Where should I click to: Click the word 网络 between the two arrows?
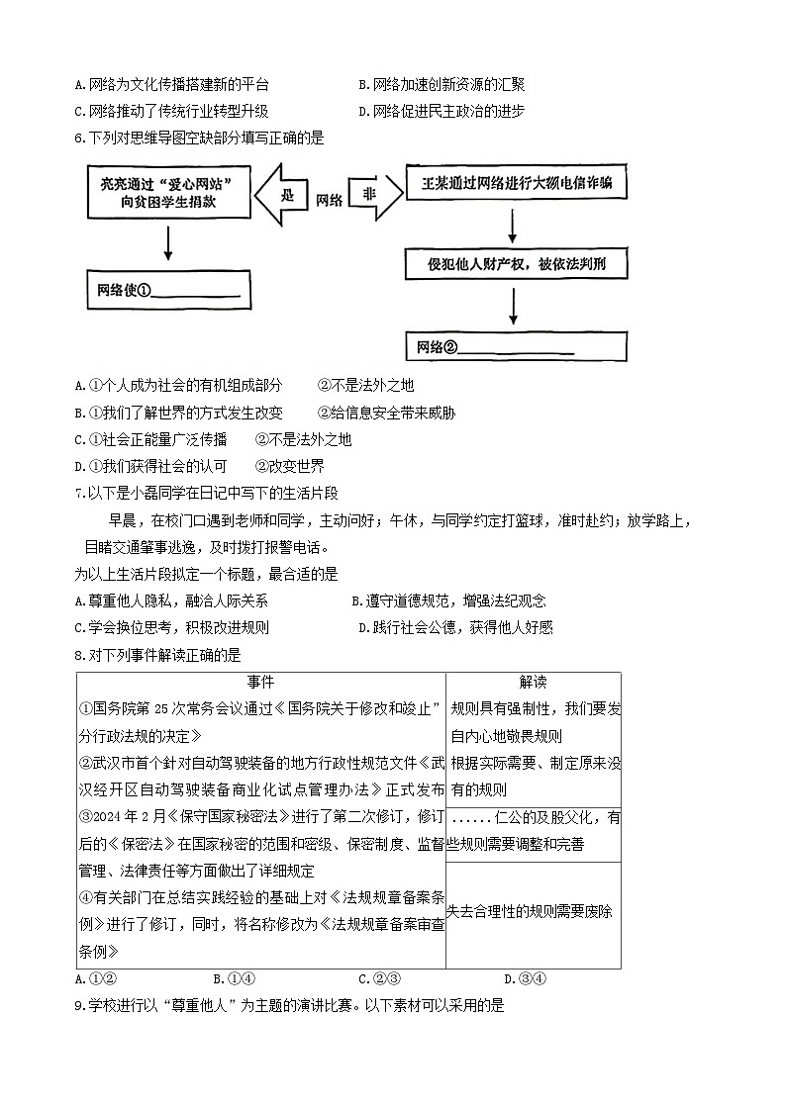click(x=330, y=199)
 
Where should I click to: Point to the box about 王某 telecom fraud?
click(x=516, y=184)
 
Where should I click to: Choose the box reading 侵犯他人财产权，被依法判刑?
click(x=515, y=264)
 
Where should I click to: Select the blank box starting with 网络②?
click(x=516, y=346)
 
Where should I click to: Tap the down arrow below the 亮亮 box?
click(x=167, y=244)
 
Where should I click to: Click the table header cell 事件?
click(x=260, y=683)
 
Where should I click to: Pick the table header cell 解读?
click(x=533, y=683)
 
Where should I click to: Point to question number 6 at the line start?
click(x=79, y=138)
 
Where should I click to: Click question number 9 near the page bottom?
click(x=79, y=1006)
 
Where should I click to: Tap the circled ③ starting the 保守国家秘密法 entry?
click(x=85, y=817)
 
